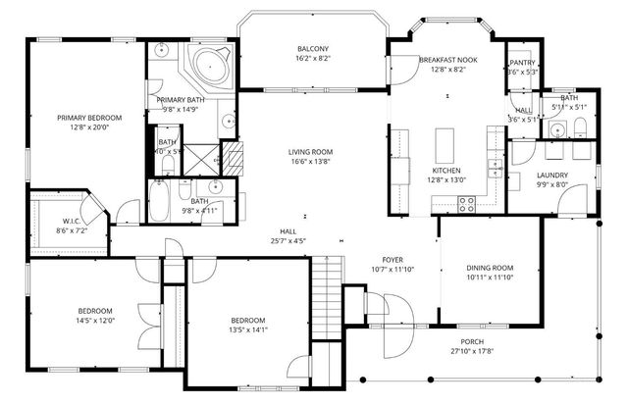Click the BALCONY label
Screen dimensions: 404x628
pos(313,49)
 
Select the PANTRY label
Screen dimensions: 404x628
pos(521,62)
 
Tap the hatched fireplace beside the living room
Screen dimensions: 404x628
pos(232,155)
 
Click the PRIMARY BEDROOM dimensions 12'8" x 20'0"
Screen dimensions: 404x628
pos(82,126)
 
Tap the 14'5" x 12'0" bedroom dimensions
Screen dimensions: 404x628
pos(95,321)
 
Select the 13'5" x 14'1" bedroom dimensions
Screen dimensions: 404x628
pos(247,330)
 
